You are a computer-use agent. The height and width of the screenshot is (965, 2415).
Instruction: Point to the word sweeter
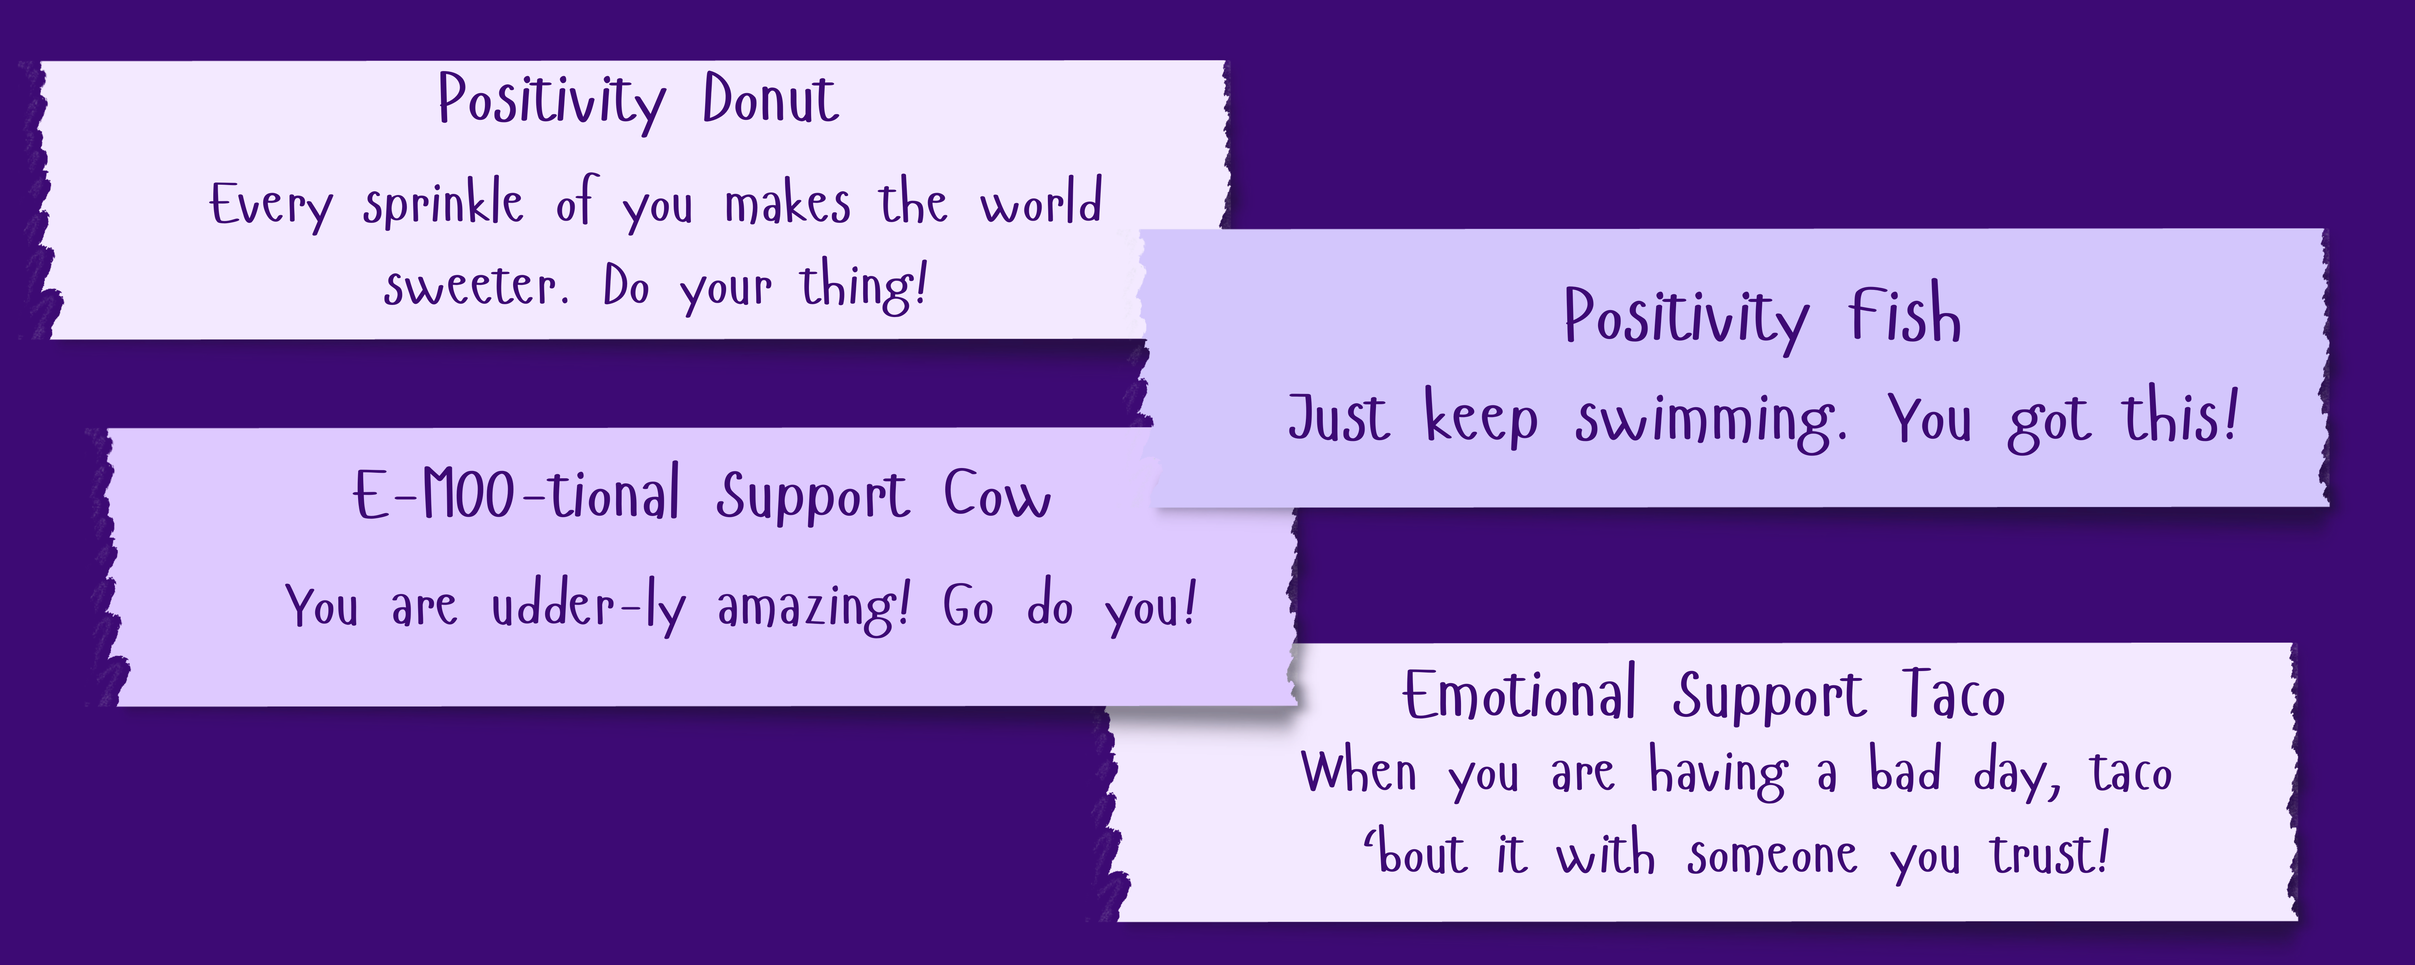tap(475, 287)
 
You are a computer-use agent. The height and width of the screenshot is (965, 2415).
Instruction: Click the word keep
tap(1481, 418)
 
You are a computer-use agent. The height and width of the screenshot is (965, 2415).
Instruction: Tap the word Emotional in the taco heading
tap(1519, 696)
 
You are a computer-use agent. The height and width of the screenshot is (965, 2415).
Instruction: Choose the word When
tap(1358, 774)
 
